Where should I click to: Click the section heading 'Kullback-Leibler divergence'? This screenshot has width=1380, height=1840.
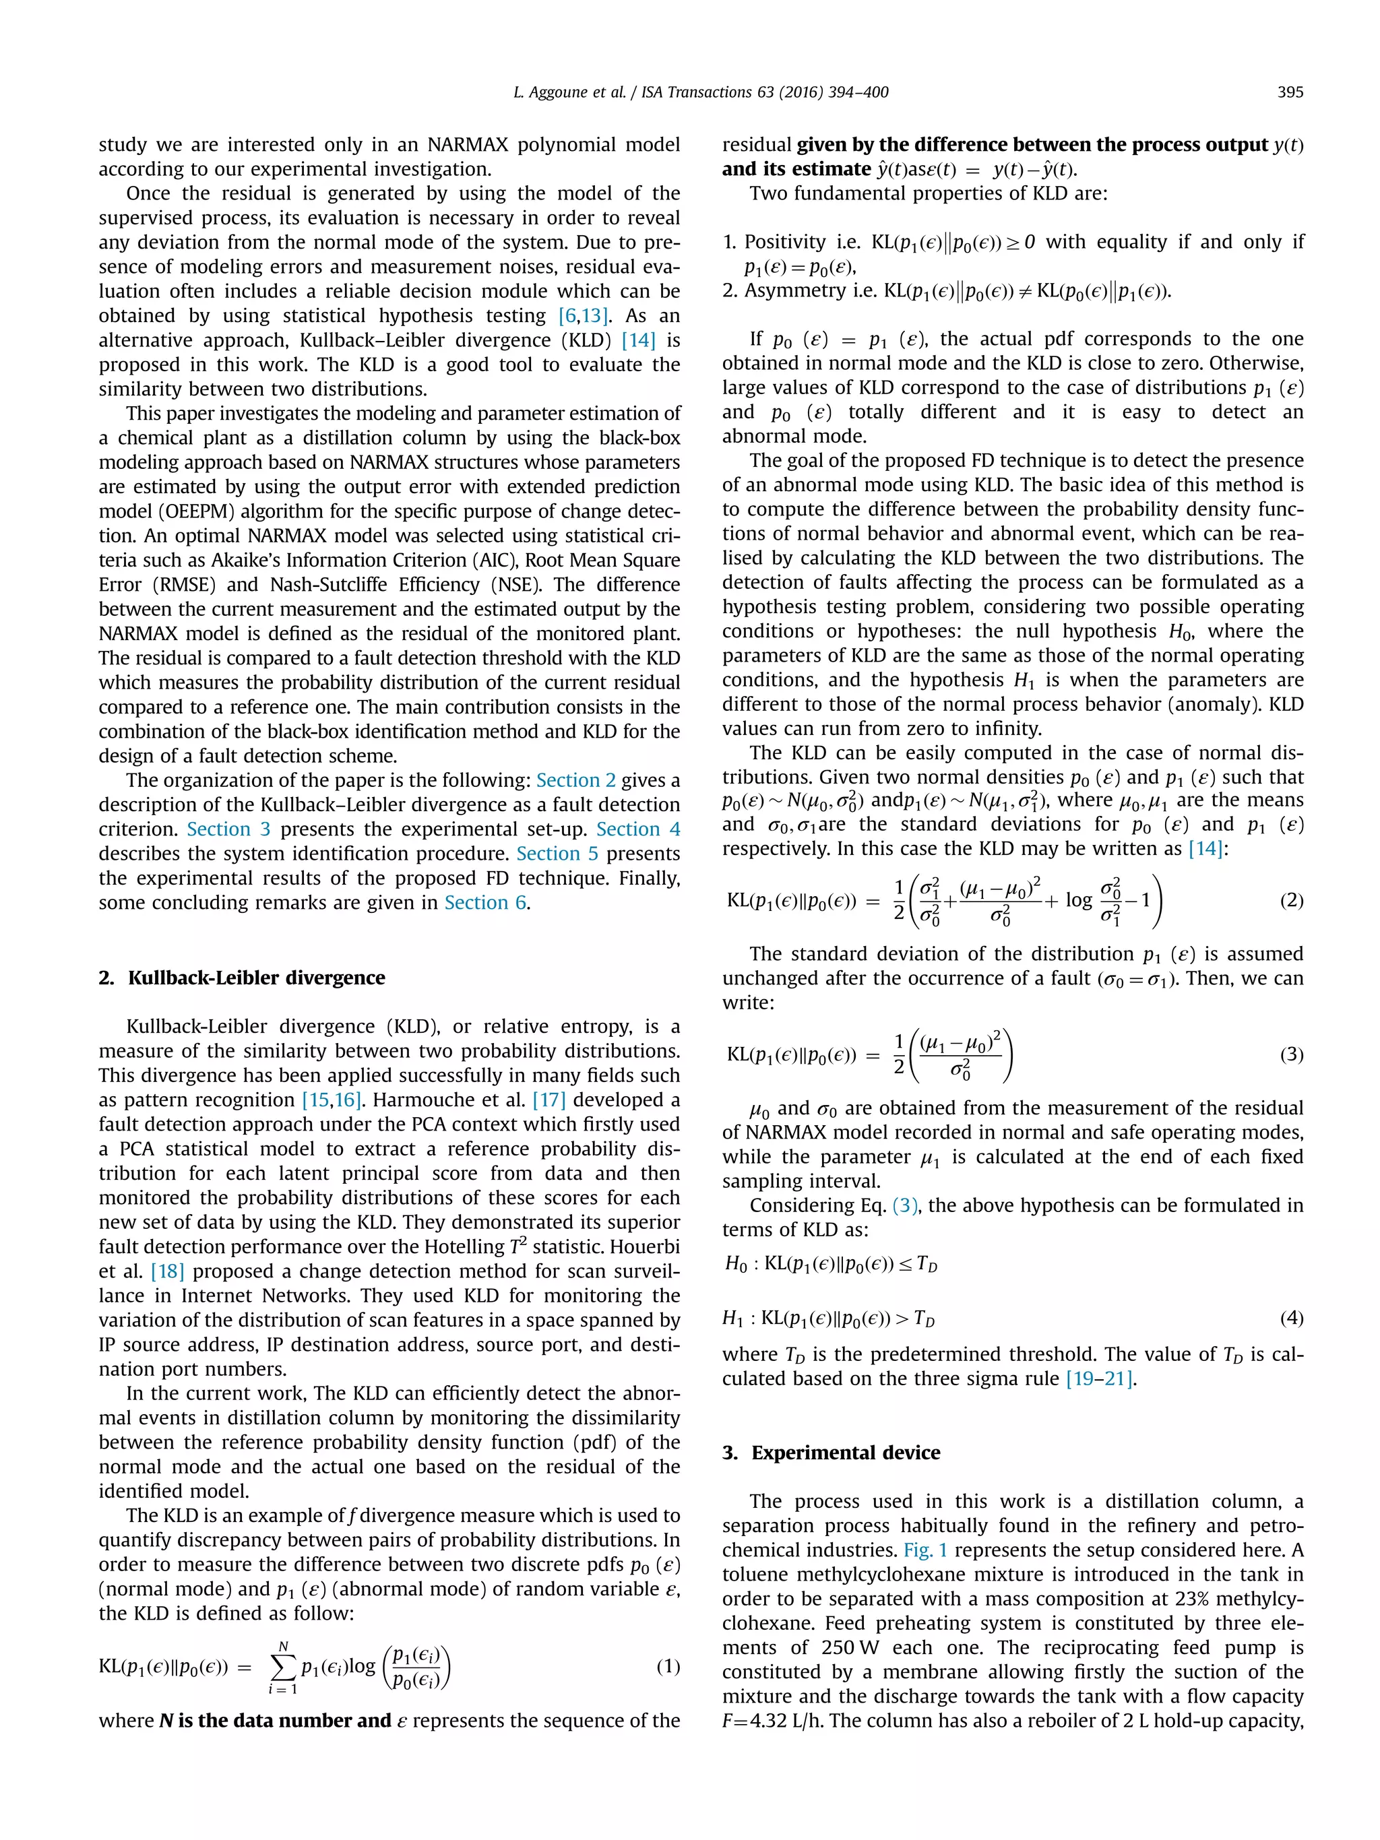(256, 978)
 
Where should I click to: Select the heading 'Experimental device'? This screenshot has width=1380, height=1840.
(845, 1453)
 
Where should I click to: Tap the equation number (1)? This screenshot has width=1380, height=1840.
(667, 1666)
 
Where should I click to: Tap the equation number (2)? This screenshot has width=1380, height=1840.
(1290, 900)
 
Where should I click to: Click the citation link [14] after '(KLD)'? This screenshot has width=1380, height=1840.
(638, 340)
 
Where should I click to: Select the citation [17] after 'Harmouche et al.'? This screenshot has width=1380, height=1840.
(549, 1100)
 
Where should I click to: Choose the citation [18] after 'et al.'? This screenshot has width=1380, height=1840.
(167, 1271)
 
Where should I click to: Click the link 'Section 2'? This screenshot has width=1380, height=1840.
(575, 780)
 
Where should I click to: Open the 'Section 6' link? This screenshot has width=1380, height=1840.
(485, 903)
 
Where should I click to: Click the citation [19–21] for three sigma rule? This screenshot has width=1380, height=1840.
(1100, 1378)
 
